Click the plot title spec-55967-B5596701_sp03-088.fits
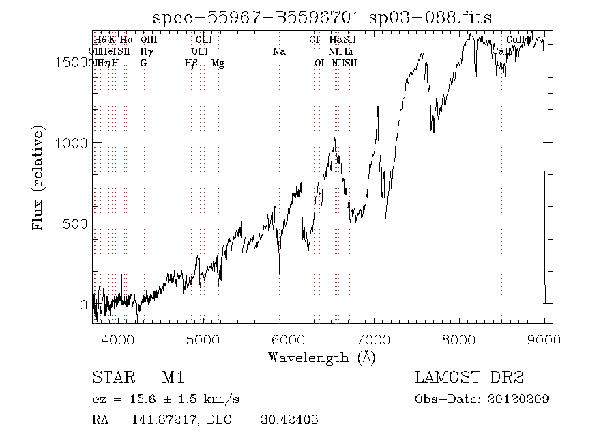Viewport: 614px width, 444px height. (x=321, y=18)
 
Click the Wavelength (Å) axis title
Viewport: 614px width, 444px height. (x=321, y=357)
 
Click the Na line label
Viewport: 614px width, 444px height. (x=278, y=52)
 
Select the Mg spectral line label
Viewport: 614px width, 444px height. (x=218, y=64)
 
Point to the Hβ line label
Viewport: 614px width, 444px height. (x=191, y=64)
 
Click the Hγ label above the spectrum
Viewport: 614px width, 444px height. (x=146, y=52)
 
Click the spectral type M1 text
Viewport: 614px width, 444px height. (x=173, y=377)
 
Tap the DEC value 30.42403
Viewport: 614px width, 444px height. (x=289, y=419)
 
